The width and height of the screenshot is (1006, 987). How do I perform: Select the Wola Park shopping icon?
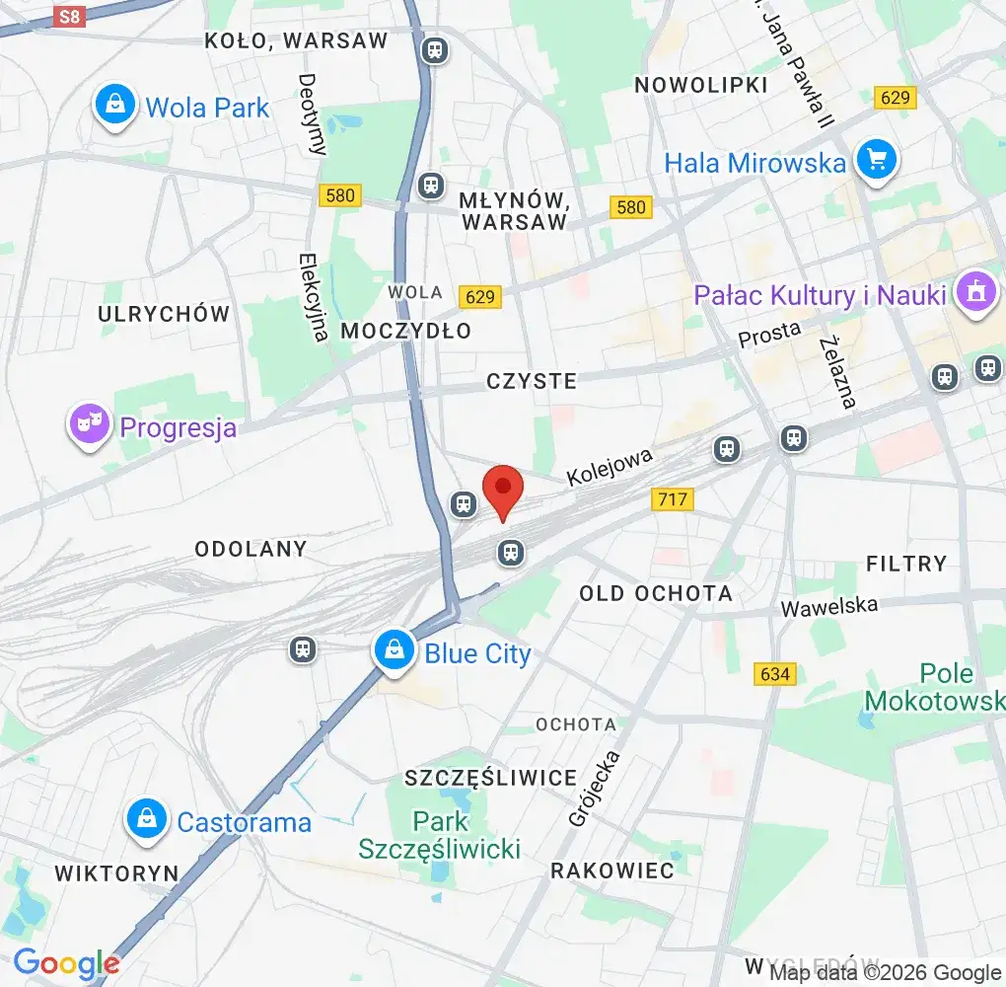click(115, 106)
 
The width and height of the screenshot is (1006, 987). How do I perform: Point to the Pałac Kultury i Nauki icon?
click(976, 293)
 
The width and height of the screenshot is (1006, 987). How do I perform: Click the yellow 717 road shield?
click(673, 499)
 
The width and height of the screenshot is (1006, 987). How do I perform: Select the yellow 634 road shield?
click(775, 674)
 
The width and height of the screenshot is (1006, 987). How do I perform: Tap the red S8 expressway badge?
click(68, 16)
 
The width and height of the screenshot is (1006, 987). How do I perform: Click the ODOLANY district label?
click(251, 549)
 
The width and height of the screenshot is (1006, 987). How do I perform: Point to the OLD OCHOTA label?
click(656, 593)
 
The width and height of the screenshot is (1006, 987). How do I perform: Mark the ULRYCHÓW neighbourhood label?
click(164, 314)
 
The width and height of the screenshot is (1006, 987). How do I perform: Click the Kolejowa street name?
click(610, 467)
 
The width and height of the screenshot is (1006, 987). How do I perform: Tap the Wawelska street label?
click(828, 606)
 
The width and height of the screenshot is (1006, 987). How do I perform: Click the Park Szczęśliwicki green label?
click(440, 835)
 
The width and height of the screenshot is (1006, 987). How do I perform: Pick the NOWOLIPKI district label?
click(700, 85)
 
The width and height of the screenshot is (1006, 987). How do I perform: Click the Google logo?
click(66, 963)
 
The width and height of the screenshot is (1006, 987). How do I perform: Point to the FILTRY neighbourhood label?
click(905, 564)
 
